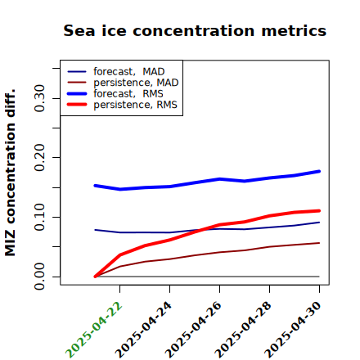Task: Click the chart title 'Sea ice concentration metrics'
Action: pyautogui.click(x=195, y=30)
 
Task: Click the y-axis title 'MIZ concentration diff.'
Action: pyautogui.click(x=10, y=173)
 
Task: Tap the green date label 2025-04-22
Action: pyautogui.click(x=94, y=330)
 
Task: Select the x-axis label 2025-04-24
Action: pyautogui.click(x=144, y=330)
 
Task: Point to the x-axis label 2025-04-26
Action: pyautogui.click(x=194, y=330)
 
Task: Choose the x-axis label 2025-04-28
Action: pyautogui.click(x=244, y=330)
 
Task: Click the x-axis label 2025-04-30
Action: pyautogui.click(x=294, y=330)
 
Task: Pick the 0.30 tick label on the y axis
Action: pyautogui.click(x=39, y=98)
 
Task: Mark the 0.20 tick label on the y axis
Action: pyautogui.click(x=39, y=158)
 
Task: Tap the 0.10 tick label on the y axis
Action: pyautogui.click(x=39, y=217)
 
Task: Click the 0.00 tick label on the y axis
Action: pyautogui.click(x=39, y=277)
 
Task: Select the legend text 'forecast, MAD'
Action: pyautogui.click(x=129, y=72)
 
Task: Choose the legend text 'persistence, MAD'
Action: pyautogui.click(x=136, y=83)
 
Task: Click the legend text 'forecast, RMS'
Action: pyautogui.click(x=128, y=93)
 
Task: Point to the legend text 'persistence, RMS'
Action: pyautogui.click(x=135, y=105)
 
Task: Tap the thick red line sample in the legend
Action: pyautogui.click(x=77, y=105)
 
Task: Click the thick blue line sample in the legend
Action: pyautogui.click(x=77, y=93)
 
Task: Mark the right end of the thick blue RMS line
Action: pyautogui.click(x=319, y=171)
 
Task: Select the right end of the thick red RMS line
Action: pyautogui.click(x=319, y=210)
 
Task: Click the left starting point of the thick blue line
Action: pyautogui.click(x=95, y=186)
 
